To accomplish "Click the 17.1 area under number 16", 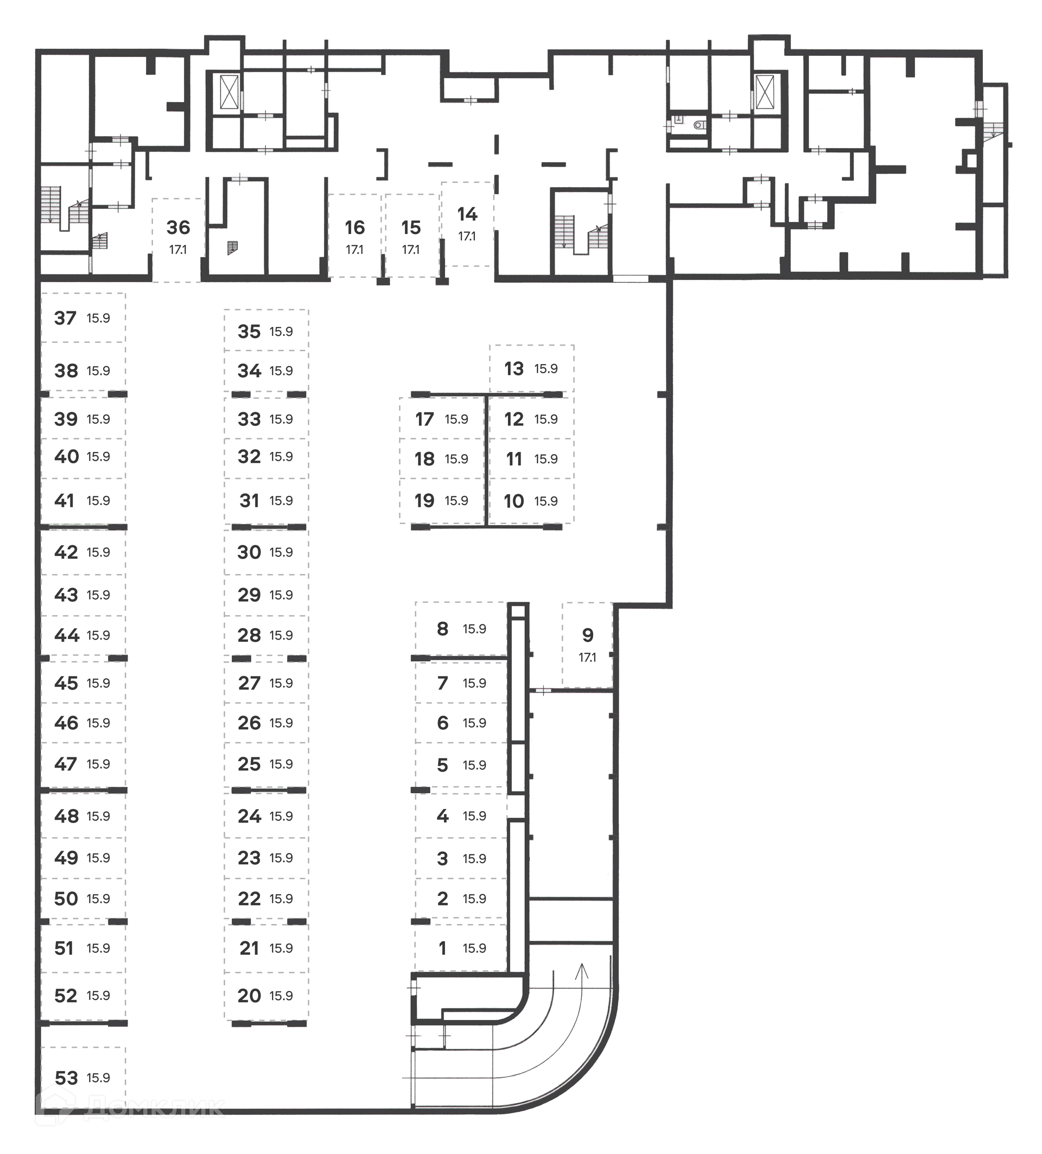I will click(354, 250).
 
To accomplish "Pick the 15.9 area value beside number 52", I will click(98, 996).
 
